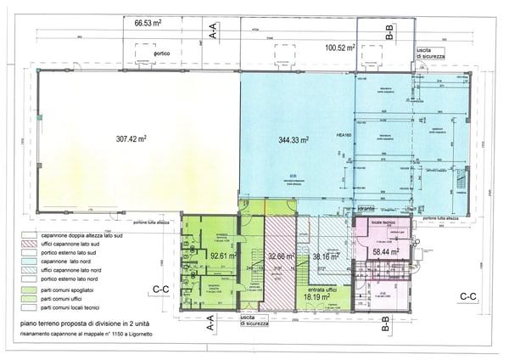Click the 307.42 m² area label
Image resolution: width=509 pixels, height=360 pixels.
click(132, 137)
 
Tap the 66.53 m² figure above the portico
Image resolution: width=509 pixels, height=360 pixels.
click(152, 25)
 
